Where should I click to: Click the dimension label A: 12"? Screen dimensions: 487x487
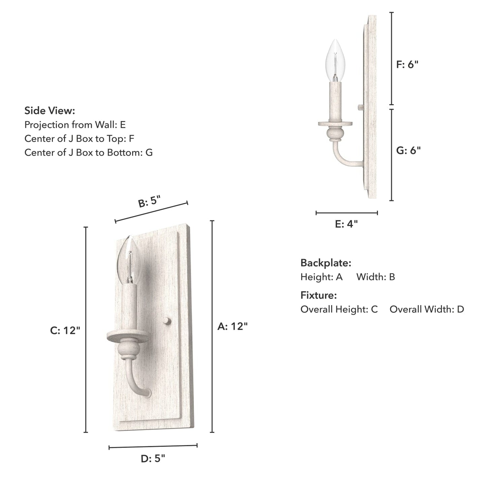[x=233, y=326]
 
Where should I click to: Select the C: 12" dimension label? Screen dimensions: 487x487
[x=65, y=331]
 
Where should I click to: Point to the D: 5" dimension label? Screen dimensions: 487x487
[x=153, y=458]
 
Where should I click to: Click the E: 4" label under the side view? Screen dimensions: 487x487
[x=346, y=224]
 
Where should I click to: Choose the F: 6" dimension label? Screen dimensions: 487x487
[x=407, y=64]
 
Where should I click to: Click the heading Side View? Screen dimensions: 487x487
[x=50, y=111]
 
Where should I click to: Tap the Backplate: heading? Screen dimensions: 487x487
[x=326, y=263]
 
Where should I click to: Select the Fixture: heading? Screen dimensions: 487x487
[x=318, y=295]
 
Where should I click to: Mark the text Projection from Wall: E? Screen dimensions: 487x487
[x=75, y=125]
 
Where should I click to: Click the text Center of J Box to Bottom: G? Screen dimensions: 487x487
[x=88, y=152]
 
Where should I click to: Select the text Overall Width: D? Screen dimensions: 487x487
[x=427, y=309]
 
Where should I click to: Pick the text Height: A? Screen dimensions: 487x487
[x=322, y=277]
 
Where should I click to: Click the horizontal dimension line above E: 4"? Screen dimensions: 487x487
[x=346, y=213]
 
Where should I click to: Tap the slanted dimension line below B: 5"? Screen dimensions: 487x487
[x=151, y=212]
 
